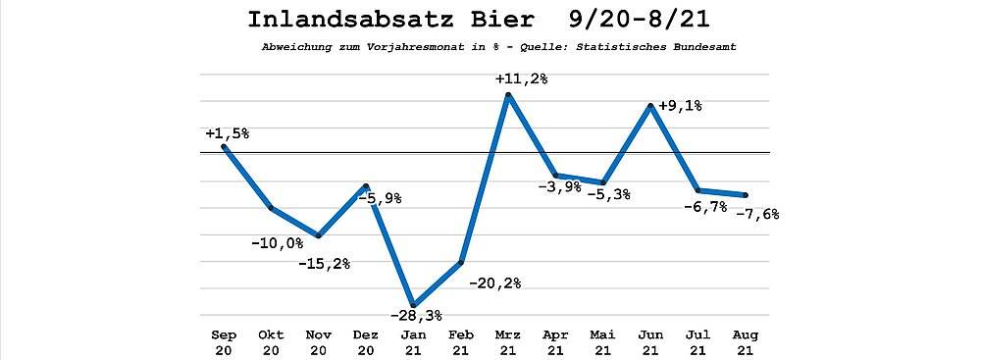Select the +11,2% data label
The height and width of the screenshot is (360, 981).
[x=521, y=79]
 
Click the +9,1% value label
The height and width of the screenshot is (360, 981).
[x=680, y=106]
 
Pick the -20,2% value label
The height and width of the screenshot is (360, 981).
[x=493, y=283]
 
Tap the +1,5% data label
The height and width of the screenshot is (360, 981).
[x=228, y=133]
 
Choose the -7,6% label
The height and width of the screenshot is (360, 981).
[x=757, y=214]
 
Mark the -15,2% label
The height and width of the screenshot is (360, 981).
[x=324, y=264]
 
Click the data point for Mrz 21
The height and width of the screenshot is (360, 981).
[x=508, y=94]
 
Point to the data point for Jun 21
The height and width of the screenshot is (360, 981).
[x=651, y=106]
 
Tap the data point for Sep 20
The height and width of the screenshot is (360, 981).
[x=224, y=146]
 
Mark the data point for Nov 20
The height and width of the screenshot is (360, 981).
[x=319, y=236]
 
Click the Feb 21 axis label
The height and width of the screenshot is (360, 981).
[x=461, y=342]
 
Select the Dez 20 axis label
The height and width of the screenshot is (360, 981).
[x=366, y=342]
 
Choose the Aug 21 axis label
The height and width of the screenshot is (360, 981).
[x=746, y=342]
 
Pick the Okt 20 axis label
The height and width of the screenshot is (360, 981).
[x=272, y=342]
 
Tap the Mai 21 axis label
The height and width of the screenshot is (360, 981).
[x=603, y=342]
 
